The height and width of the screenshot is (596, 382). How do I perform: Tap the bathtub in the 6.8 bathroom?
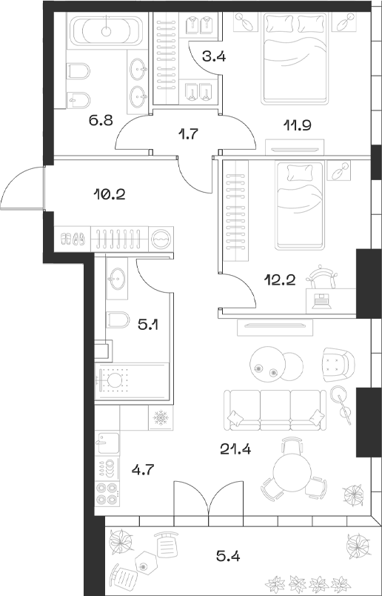click(108, 33)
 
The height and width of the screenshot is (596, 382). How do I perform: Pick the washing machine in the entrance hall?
click(161, 239)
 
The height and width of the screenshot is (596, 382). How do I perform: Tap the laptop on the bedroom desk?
click(321, 300)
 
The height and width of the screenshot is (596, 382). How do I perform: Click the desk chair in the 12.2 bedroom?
click(322, 277)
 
